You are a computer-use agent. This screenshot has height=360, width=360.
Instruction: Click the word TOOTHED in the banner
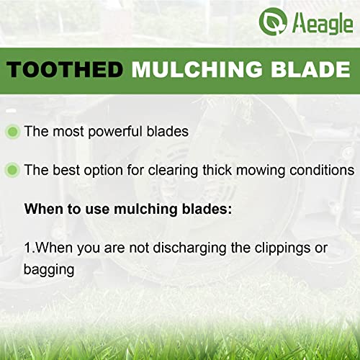point(66,70)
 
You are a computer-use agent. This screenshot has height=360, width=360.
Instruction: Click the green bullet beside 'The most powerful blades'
point(12,132)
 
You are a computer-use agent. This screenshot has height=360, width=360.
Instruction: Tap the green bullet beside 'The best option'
point(12,171)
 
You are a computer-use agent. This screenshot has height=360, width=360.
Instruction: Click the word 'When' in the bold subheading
point(41,210)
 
